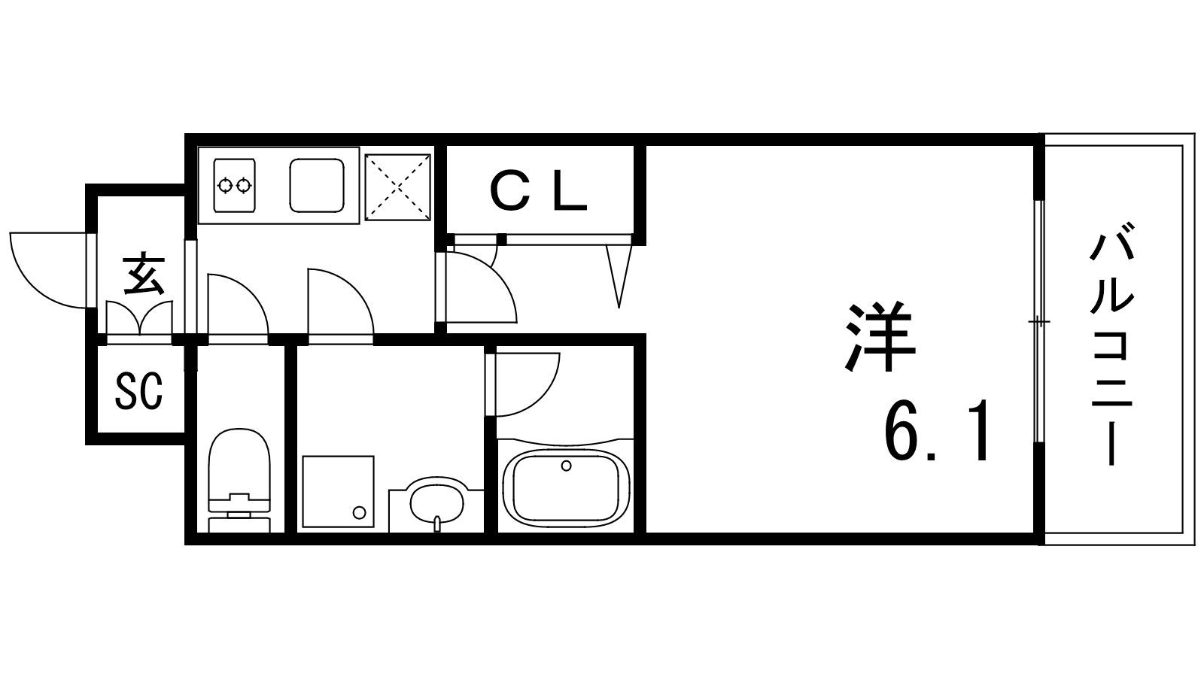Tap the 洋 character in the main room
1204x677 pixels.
click(880, 337)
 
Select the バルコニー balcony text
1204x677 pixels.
click(1111, 350)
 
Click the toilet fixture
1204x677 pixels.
click(239, 480)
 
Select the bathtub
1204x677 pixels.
click(566, 487)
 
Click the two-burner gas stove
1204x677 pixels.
click(234, 185)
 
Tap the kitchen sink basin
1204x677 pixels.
click(317, 185)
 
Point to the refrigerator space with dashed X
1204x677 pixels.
click(398, 187)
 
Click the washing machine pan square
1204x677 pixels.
click(338, 492)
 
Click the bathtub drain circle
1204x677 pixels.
click(566, 466)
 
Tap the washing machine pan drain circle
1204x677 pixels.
click(359, 512)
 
